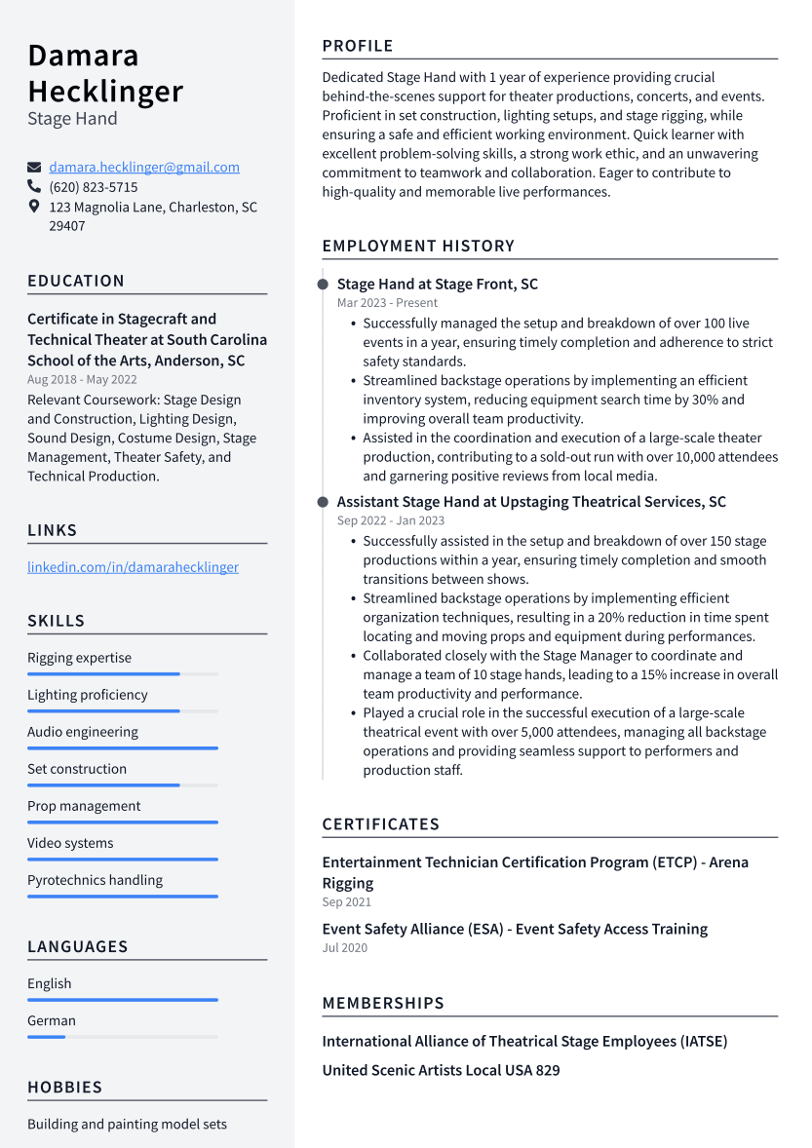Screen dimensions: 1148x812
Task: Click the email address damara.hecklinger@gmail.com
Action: pyautogui.click(x=144, y=168)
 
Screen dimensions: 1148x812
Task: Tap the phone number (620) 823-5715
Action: pyautogui.click(x=94, y=187)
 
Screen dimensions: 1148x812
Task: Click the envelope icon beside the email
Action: pyautogui.click(x=34, y=168)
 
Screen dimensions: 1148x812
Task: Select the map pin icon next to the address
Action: pyautogui.click(x=34, y=207)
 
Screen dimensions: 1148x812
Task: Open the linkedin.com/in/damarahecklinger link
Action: pyautogui.click(x=133, y=567)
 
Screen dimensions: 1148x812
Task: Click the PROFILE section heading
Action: pyautogui.click(x=358, y=46)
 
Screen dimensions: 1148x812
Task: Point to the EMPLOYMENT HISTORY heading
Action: pyautogui.click(x=418, y=247)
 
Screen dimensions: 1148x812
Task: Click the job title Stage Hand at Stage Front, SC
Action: pyautogui.click(x=437, y=285)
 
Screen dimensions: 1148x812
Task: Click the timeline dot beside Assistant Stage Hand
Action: pyautogui.click(x=323, y=502)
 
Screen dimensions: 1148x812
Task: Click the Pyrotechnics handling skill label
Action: pyautogui.click(x=95, y=880)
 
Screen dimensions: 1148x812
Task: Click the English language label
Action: pyautogui.click(x=49, y=983)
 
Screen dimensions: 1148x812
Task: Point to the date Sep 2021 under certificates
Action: pyautogui.click(x=346, y=902)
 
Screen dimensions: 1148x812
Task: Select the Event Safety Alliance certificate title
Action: pyautogui.click(x=515, y=929)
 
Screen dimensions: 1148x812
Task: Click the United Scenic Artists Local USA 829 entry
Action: pyautogui.click(x=441, y=1070)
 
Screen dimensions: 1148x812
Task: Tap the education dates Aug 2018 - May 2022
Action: pyautogui.click(x=82, y=379)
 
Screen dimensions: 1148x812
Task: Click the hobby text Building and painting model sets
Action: pyautogui.click(x=127, y=1124)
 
